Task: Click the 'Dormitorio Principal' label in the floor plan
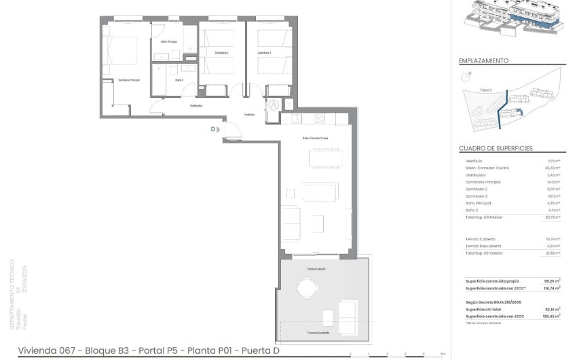pyautogui.click(x=129, y=80)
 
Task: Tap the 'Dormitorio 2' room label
pyautogui.click(x=221, y=52)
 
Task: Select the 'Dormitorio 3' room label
pyautogui.click(x=264, y=52)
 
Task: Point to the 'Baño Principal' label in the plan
pyautogui.click(x=169, y=42)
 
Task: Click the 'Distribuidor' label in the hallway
pyautogui.click(x=196, y=105)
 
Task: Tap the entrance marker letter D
pyautogui.click(x=212, y=128)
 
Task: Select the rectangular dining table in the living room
pyautogui.click(x=322, y=158)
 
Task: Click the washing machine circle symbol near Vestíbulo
pyautogui.click(x=274, y=105)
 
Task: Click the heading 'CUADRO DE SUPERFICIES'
pyautogui.click(x=496, y=148)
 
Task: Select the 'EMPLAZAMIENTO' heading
pyautogui.click(x=483, y=60)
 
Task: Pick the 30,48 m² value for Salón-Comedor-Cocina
pyautogui.click(x=553, y=168)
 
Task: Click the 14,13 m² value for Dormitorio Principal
pyautogui.click(x=554, y=182)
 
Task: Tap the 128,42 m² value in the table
pyautogui.click(x=553, y=317)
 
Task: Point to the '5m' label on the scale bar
pyautogui.click(x=442, y=354)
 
